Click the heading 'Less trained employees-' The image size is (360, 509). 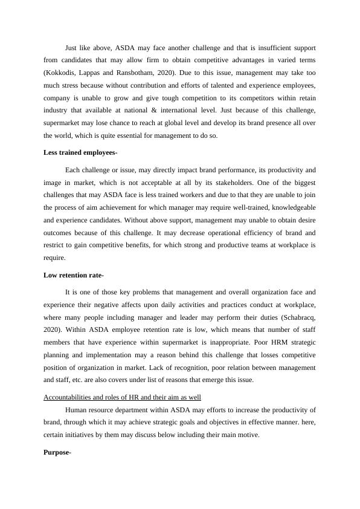pos(80,154)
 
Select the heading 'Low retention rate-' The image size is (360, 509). pos(74,275)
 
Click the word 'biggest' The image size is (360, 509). pos(304,183)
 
